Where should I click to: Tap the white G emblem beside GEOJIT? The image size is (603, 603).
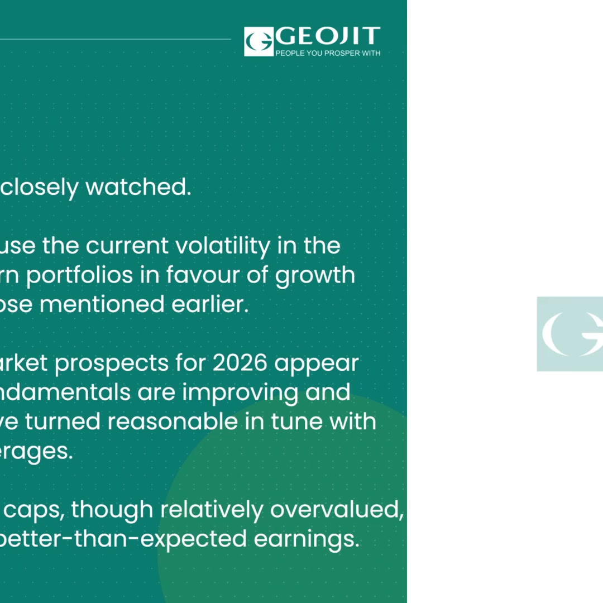[259, 41]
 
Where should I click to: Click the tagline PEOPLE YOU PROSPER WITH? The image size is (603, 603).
[328, 53]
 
